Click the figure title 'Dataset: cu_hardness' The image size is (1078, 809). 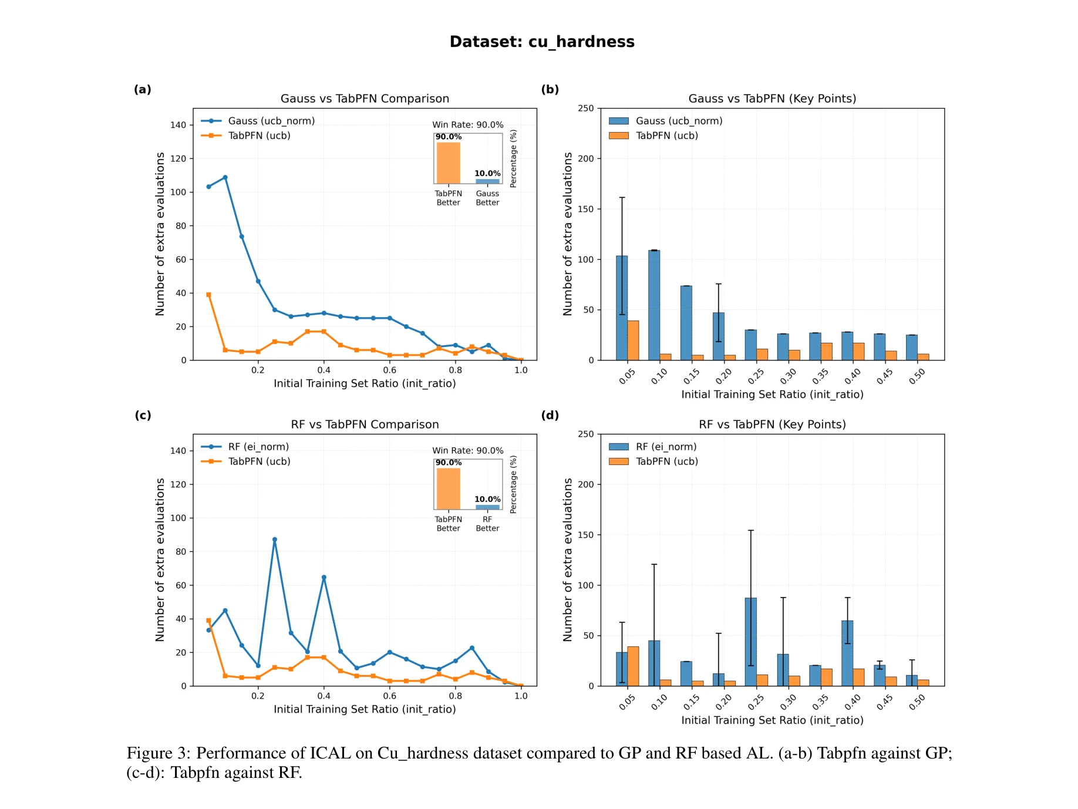tap(541, 42)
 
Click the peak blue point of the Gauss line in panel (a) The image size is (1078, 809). tap(225, 177)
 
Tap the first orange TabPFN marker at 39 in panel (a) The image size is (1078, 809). tap(208, 295)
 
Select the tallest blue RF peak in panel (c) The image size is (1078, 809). tap(274, 540)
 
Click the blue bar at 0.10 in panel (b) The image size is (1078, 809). tap(653, 305)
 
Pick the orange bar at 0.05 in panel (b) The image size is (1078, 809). tap(633, 341)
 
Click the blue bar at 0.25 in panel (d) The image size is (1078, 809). tap(750, 642)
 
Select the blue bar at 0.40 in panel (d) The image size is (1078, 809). tap(847, 653)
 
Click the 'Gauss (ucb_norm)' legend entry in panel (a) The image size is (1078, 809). tap(271, 121)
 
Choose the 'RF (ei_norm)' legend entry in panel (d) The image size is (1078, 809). tap(666, 447)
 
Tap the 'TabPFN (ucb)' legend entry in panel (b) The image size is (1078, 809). tap(666, 136)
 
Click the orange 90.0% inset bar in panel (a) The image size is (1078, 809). tap(448, 163)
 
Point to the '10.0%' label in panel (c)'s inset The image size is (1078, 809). tap(487, 499)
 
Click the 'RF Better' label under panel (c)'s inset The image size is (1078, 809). tap(487, 524)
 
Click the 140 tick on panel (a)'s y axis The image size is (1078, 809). tap(178, 125)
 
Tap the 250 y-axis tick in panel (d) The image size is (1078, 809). tap(585, 434)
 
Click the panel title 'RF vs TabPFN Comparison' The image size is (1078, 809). tap(365, 424)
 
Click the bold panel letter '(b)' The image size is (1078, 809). tap(550, 89)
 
